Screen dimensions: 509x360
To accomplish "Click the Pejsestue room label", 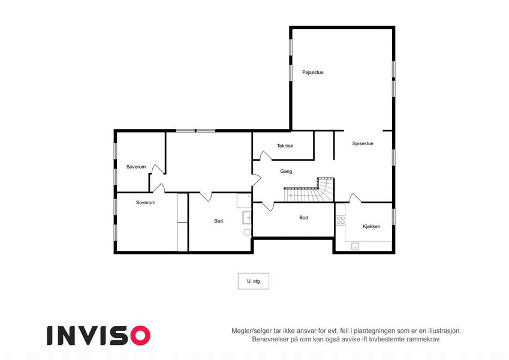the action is pos(312,72).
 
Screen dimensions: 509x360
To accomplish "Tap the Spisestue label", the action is pos(363,143).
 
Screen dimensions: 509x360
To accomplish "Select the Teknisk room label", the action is pos(285,146).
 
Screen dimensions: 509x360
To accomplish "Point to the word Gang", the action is pos(286,171).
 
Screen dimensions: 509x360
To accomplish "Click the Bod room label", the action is pos(303,217).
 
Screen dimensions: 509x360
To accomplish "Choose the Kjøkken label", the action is pos(371,226).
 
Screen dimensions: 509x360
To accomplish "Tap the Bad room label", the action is pos(218,221).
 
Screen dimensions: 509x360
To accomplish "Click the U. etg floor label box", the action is pos(254,281).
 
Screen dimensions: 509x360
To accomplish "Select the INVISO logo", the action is pos(99,335).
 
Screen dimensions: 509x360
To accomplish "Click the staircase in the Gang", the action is pos(309,191).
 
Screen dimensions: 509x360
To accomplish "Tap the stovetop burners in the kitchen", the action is pos(341,220).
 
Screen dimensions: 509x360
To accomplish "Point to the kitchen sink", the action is pos(355,246).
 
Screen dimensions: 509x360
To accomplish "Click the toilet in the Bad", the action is pos(248,232).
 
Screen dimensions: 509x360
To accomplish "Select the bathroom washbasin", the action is pos(247,217).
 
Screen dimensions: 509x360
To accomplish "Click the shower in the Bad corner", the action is pos(244,201).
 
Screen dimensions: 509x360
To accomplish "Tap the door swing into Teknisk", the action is pos(266,155).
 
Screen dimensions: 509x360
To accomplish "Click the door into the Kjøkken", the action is pos(355,198).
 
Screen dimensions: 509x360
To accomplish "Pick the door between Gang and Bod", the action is pos(268,206).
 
